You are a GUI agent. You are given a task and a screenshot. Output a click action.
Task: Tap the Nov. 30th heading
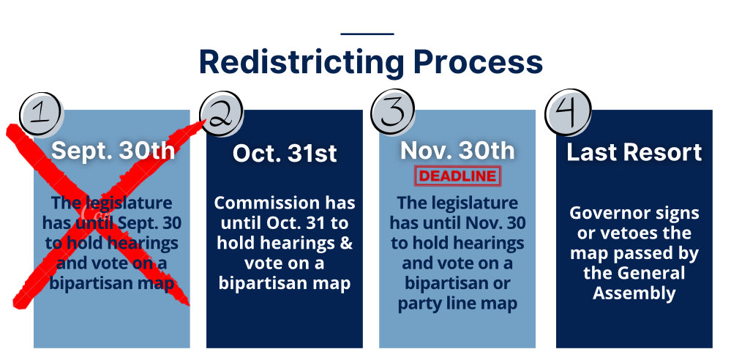[x=457, y=150]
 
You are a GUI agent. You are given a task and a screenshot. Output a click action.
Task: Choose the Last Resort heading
[x=634, y=152]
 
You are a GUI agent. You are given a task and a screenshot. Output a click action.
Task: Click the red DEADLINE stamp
[x=457, y=176]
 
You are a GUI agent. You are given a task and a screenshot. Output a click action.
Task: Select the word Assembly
[x=634, y=293]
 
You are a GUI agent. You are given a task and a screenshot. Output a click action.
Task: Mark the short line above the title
[x=367, y=34]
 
